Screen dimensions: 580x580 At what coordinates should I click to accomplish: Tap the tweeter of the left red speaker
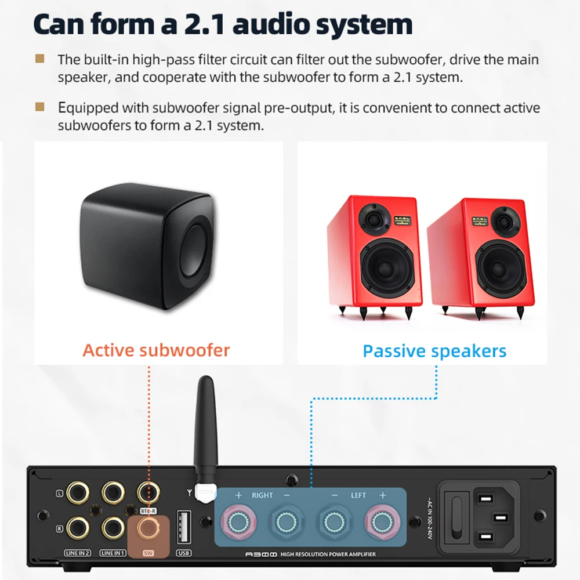[x=375, y=219]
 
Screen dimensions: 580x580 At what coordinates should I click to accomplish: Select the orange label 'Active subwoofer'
[x=156, y=350]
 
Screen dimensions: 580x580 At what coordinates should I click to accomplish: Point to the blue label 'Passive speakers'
[x=434, y=351]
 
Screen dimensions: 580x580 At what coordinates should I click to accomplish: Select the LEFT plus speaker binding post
[x=381, y=521]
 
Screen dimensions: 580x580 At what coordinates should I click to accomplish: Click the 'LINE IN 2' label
[x=79, y=553]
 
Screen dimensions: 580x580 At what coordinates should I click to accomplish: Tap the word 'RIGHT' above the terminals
[x=262, y=495]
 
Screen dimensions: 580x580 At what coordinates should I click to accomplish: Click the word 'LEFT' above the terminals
[x=358, y=495]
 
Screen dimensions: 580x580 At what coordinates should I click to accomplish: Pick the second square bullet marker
[x=40, y=107]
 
